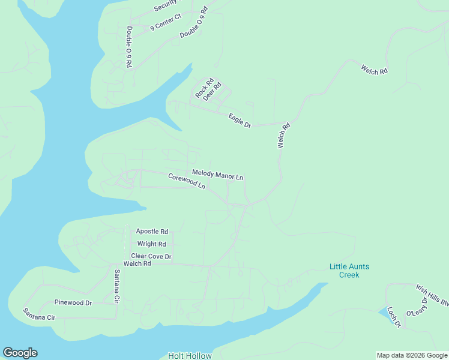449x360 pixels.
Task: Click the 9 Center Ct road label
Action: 166,23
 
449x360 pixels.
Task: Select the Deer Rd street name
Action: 212,91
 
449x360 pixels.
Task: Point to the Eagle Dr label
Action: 240,121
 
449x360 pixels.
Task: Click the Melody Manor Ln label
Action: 217,175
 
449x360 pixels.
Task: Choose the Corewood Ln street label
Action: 187,181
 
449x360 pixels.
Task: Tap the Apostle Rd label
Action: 152,231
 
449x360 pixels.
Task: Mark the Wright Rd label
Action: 151,244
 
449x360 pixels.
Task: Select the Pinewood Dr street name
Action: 73,303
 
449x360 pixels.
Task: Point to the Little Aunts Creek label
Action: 349,271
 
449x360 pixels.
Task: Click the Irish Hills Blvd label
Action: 432,295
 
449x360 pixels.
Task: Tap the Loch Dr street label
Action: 394,317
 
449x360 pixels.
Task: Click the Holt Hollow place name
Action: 190,356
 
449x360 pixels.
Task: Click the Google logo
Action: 20,353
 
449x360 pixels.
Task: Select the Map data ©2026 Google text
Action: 412,356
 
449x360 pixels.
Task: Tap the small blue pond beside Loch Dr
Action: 384,312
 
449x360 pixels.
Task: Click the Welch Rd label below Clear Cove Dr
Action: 137,264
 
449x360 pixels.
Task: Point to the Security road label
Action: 166,5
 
